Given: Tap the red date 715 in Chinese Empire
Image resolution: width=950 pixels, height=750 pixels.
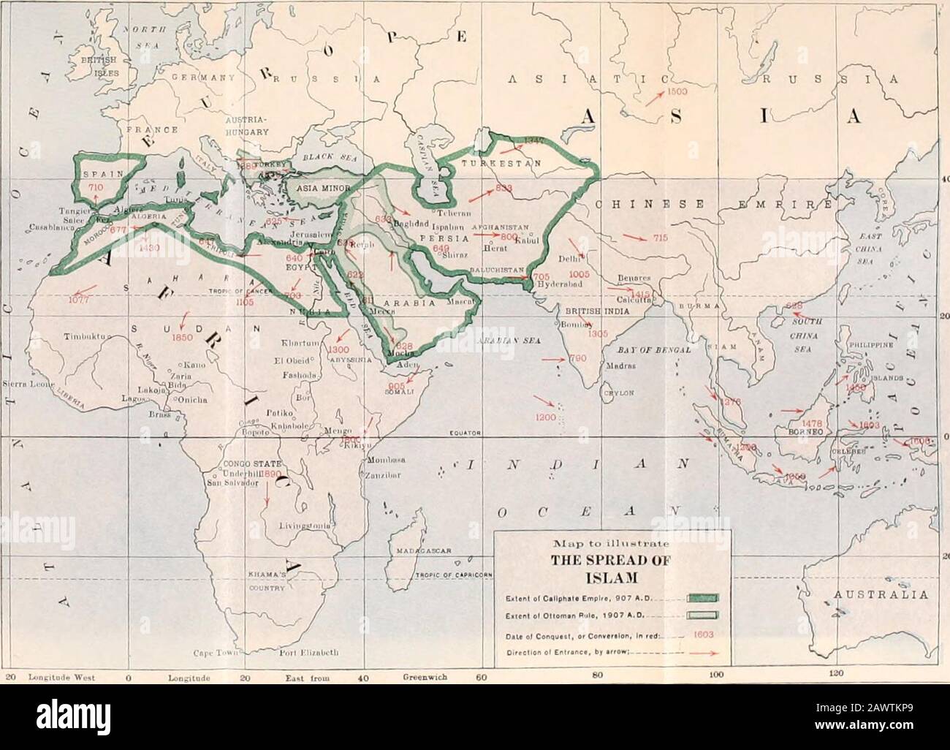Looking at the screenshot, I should [660, 238].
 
